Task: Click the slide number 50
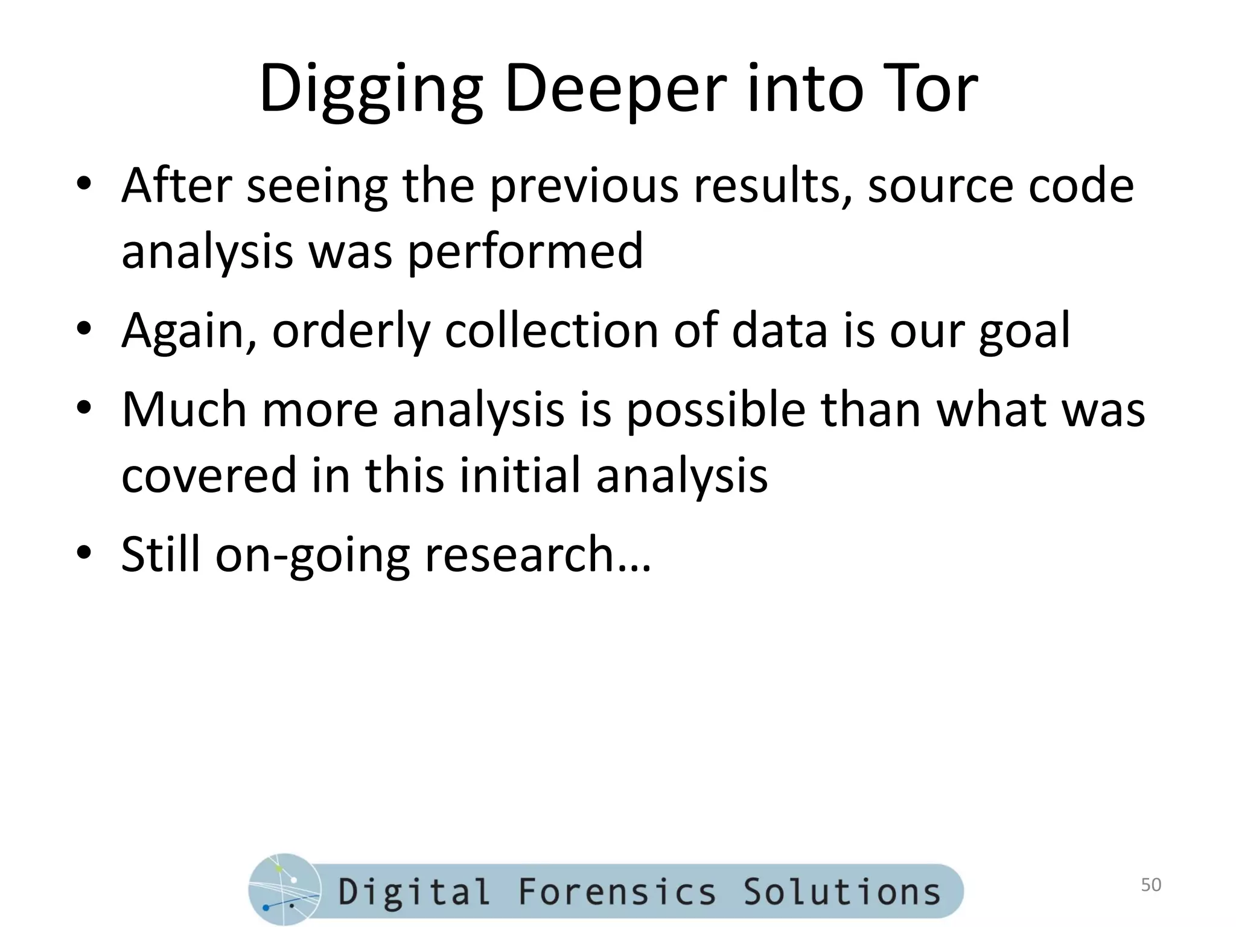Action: (x=1151, y=885)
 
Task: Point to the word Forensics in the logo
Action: (x=616, y=892)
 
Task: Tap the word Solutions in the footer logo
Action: (x=841, y=892)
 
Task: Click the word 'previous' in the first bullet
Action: (x=583, y=187)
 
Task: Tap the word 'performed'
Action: (x=525, y=252)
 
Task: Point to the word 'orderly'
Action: (x=351, y=332)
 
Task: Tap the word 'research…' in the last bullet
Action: (x=538, y=555)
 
